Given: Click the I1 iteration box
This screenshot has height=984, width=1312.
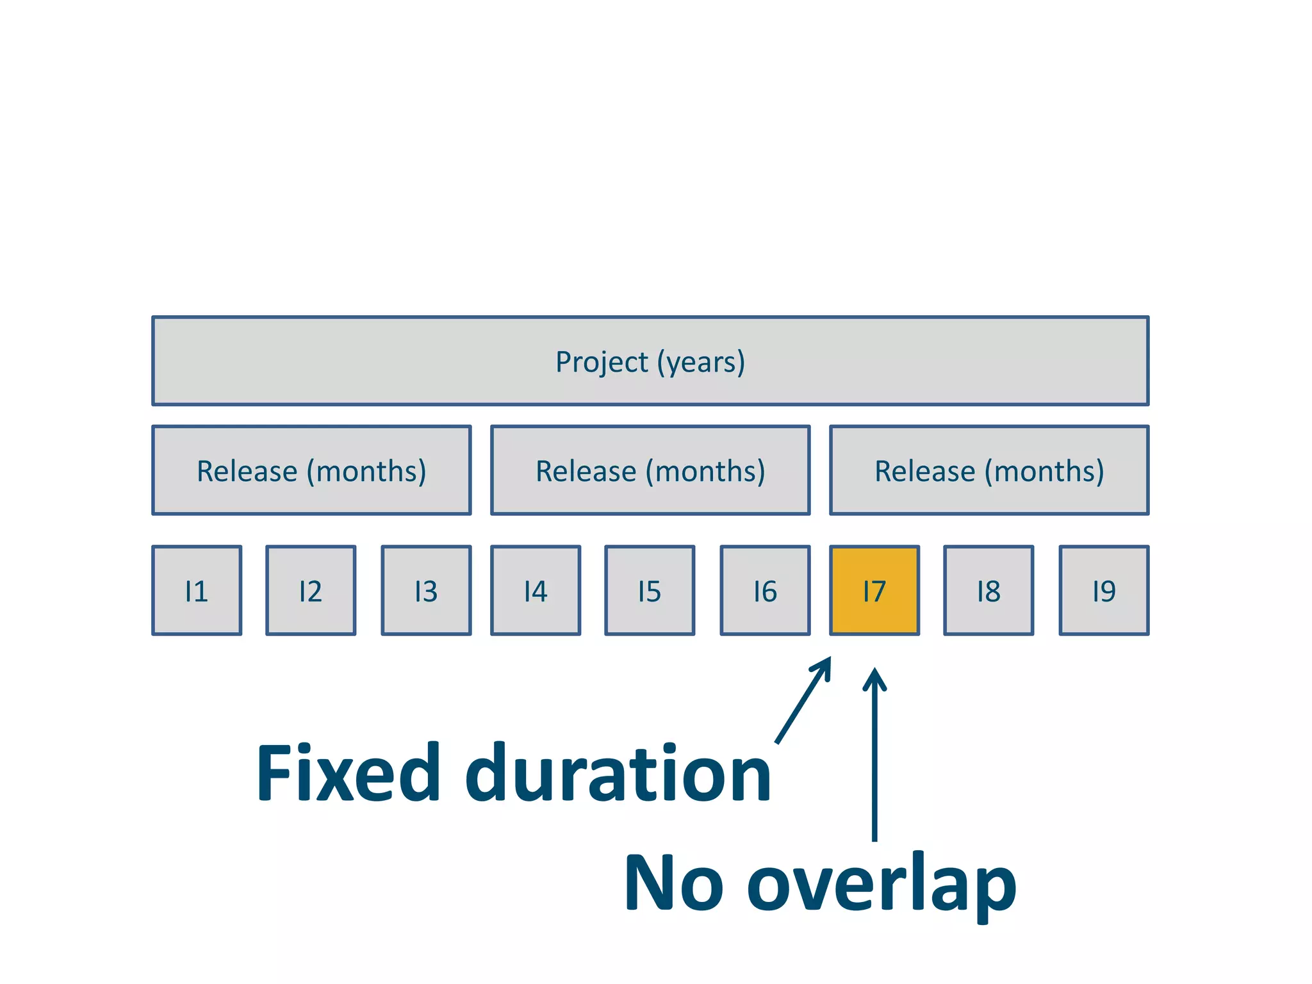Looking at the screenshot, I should pos(197,590).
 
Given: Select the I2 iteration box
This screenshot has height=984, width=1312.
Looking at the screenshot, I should pos(311,590).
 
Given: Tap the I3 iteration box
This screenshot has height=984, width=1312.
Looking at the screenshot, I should pos(426,590).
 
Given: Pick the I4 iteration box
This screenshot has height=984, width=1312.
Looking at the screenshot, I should pos(536,590).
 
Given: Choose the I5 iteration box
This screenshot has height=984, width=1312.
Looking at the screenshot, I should pos(650,590).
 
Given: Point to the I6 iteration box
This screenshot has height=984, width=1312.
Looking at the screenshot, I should pos(765,590).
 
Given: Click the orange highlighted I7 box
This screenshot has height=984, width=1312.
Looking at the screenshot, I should pos(874,590).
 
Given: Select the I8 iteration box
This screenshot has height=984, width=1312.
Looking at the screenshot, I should pos(988,590).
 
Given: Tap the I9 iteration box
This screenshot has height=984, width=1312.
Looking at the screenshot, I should pos(1104,590).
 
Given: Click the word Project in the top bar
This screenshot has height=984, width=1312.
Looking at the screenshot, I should pos(602,362).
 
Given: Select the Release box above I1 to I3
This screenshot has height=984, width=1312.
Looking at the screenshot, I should pos(311,470).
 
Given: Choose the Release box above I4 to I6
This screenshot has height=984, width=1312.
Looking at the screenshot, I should pos(650,470).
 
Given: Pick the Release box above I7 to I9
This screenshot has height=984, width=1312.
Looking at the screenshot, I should pos(989,470).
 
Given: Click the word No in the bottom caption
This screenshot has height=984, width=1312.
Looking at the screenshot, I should pos(673,883).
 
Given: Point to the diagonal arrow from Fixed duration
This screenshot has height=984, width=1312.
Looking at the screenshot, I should pos(803,700).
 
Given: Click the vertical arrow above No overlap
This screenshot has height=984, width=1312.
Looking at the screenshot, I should pos(874,756).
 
